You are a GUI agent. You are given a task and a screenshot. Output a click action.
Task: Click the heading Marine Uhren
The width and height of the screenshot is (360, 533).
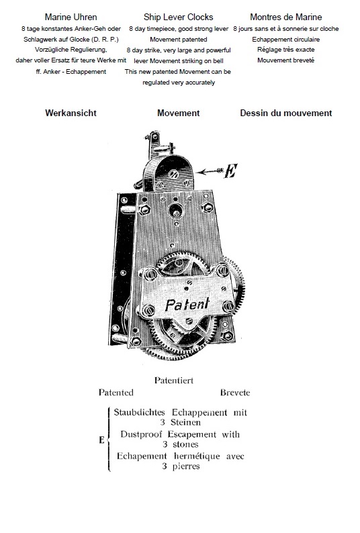[71, 17]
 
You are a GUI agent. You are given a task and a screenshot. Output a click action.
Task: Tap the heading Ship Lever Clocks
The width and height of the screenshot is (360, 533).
[178, 17]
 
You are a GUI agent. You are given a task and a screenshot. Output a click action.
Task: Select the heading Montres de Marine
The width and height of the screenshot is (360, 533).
[286, 17]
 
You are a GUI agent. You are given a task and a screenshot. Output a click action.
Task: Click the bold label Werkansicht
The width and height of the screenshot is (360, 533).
[71, 113]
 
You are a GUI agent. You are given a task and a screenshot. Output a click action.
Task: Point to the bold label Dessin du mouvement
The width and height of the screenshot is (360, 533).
[286, 113]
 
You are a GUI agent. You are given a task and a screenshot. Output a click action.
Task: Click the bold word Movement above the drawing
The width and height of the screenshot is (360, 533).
[178, 113]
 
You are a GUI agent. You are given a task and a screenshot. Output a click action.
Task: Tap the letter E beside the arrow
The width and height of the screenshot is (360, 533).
[230, 171]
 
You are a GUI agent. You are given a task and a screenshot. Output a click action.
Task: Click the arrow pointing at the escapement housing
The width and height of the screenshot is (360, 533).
[210, 171]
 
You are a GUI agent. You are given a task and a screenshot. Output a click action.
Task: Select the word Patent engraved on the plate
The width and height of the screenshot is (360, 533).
[187, 304]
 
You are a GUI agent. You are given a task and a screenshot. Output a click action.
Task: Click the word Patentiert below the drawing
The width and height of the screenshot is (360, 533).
[174, 381]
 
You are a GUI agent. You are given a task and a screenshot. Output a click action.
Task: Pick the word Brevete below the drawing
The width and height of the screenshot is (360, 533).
[235, 393]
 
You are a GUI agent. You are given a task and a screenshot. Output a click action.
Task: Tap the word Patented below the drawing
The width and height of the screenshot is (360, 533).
[116, 393]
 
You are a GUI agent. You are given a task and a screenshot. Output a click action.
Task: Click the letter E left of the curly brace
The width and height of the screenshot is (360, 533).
[101, 440]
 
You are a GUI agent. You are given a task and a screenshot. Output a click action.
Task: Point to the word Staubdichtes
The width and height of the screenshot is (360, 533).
[139, 412]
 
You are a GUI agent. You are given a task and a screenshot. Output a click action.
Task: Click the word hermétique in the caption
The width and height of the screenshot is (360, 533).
[197, 456]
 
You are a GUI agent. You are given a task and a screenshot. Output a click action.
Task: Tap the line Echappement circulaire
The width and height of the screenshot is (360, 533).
[286, 40]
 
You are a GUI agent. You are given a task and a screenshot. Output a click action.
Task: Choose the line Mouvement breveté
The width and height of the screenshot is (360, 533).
[286, 60]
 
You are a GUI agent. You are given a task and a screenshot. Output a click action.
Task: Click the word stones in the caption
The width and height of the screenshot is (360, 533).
[185, 444]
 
